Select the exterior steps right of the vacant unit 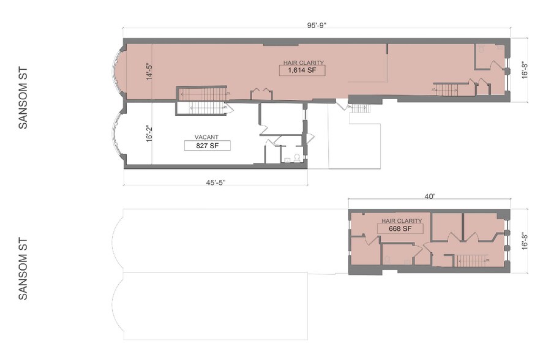[x=359, y=110]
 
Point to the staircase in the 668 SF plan [x=471, y=260]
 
